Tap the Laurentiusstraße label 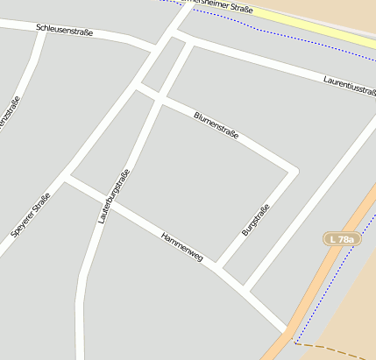[349, 83]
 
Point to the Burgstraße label [254, 220]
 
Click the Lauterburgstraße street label [115, 196]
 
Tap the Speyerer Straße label [30, 215]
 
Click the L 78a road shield [341, 239]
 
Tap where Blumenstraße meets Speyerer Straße [138, 87]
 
